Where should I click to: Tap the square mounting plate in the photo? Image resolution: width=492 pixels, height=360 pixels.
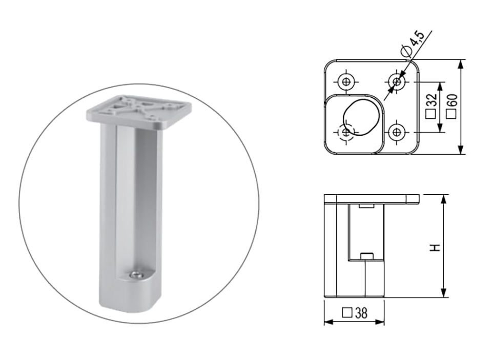click(139, 112)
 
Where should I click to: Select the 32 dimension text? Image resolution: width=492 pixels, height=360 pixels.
click(432, 100)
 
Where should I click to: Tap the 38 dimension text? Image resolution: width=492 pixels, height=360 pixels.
click(361, 313)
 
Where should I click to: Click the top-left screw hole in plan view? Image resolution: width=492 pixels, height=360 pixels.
click(346, 82)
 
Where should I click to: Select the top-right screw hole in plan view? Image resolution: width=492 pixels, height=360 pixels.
click(397, 82)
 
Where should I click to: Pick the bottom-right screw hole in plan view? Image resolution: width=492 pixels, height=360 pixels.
click(397, 132)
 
